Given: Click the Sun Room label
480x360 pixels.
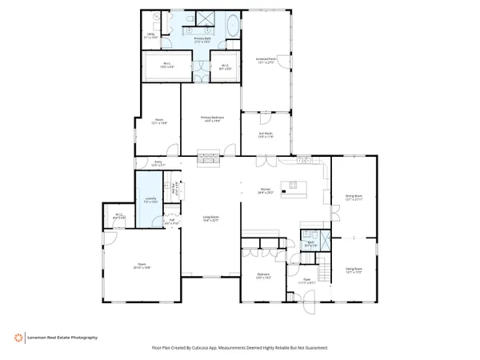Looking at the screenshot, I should click(265, 136).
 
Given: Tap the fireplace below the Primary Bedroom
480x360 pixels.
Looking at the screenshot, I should click(207, 158).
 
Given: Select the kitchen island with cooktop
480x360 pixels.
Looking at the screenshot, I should click(294, 189).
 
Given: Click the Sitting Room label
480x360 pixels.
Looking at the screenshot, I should click(354, 270).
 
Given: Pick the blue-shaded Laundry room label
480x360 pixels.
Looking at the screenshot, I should click(149, 199).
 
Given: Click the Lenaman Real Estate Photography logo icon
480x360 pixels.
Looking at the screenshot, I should click(17, 338).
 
